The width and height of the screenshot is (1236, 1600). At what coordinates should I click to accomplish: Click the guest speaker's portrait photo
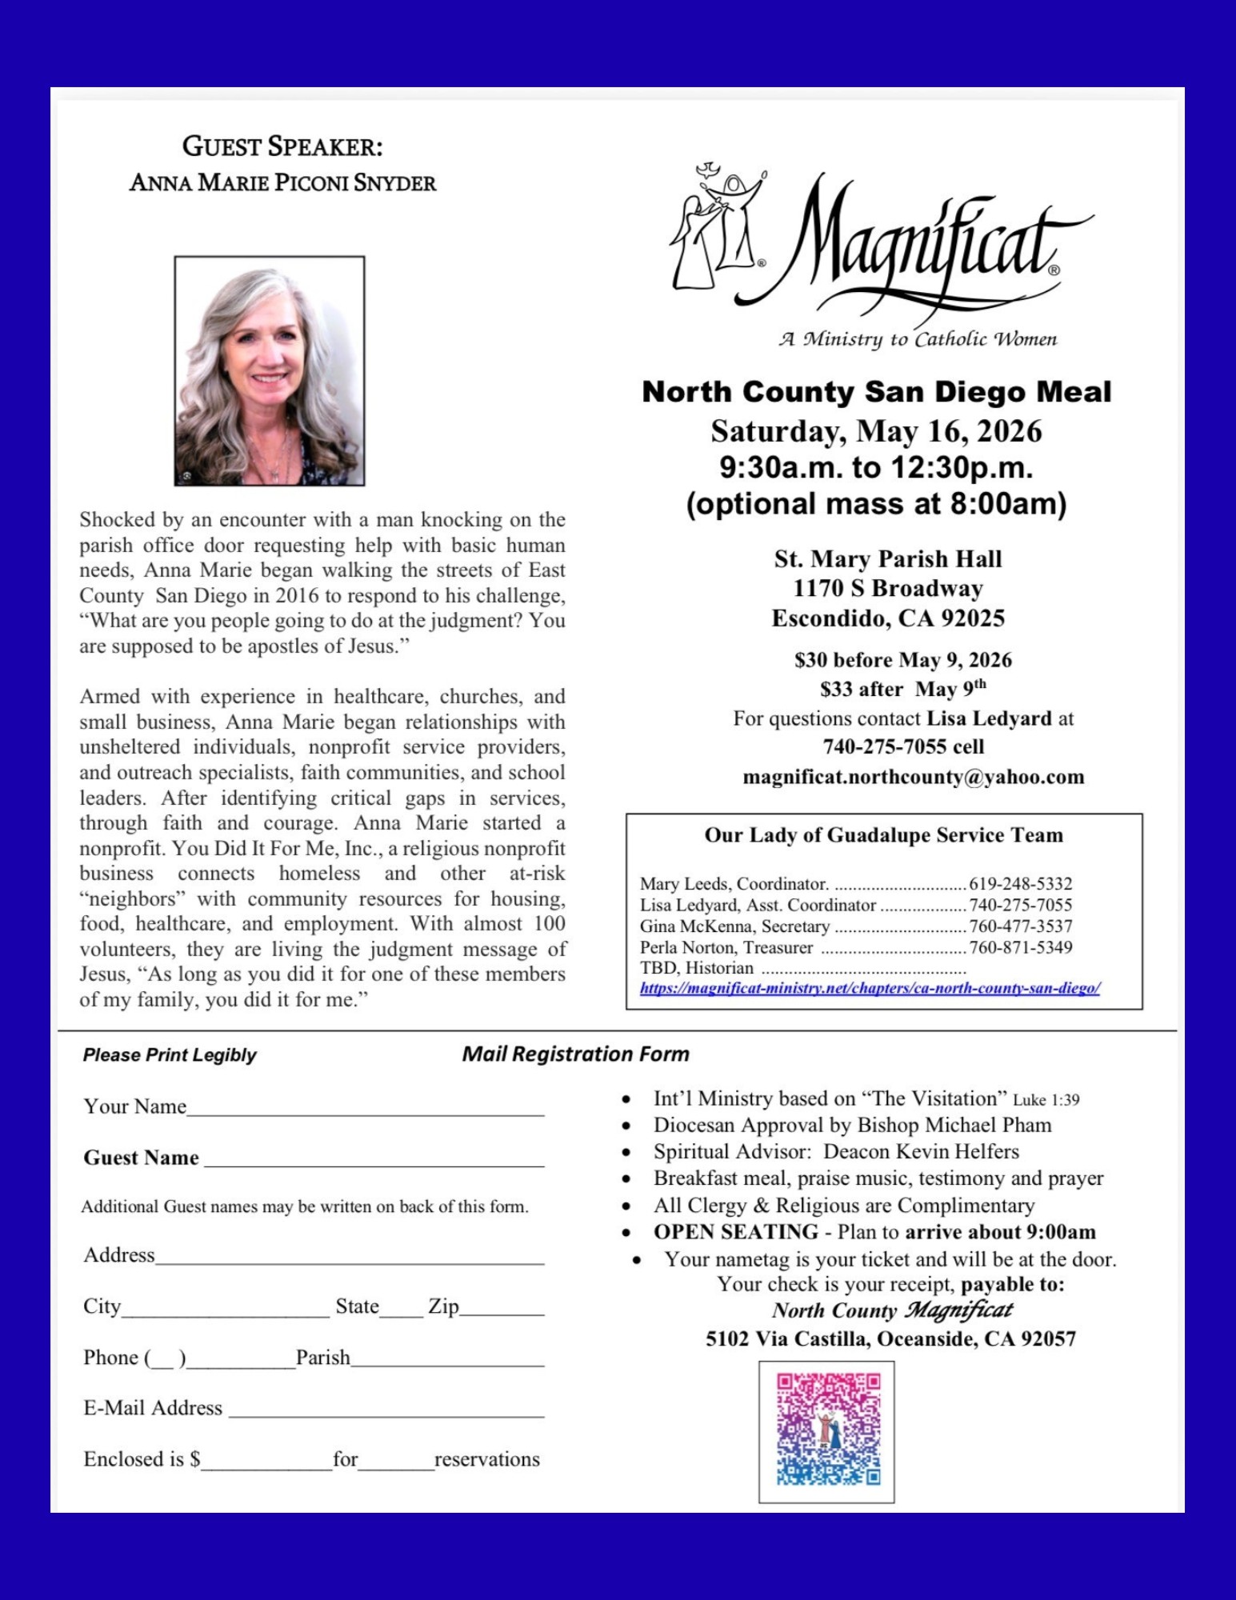point(270,370)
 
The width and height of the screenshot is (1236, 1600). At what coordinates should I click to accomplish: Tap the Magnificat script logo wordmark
point(920,240)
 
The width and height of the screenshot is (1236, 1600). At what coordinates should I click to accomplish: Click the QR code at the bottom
point(827,1430)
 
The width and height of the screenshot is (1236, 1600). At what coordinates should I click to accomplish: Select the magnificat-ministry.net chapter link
point(870,988)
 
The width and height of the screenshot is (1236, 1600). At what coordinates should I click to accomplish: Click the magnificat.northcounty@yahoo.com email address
point(913,777)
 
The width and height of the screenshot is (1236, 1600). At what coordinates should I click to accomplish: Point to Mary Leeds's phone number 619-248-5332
point(1020,884)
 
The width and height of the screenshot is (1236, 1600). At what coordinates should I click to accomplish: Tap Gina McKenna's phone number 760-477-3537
point(1020,926)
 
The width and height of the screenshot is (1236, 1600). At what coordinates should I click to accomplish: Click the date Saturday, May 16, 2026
point(876,431)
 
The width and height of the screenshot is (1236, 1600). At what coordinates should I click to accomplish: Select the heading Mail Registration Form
point(575,1054)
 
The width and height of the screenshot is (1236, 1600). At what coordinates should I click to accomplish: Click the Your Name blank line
point(366,1109)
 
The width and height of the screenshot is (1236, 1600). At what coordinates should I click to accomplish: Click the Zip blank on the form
point(502,1310)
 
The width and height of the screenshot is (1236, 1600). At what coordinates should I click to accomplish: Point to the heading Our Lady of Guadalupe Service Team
point(883,835)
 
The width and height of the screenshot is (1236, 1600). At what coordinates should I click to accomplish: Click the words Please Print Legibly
point(170,1054)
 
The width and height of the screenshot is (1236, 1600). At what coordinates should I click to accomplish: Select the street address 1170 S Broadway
point(887,588)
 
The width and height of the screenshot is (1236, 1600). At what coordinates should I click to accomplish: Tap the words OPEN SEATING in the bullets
point(735,1232)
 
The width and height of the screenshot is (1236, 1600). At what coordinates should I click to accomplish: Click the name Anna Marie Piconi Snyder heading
point(282,183)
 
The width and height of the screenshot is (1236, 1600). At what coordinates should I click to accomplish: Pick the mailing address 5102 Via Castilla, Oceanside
point(890,1338)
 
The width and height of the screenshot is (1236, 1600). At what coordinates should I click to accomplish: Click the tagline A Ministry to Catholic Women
point(918,339)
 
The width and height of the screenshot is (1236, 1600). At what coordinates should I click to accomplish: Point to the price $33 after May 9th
point(902,689)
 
